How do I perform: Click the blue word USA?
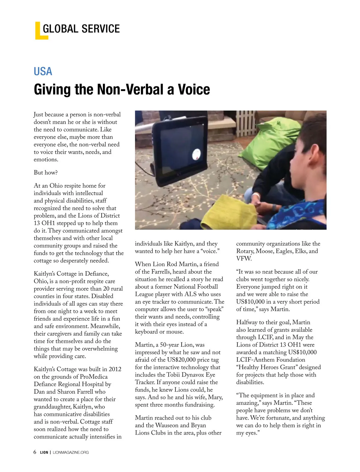click(43, 71)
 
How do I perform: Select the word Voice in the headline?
click(194, 89)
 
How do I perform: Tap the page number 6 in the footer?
click(35, 452)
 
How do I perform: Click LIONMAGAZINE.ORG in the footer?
click(70, 452)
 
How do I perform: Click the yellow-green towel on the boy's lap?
click(228, 211)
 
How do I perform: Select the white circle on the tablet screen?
click(196, 154)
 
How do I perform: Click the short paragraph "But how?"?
click(46, 173)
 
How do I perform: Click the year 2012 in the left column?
click(115, 369)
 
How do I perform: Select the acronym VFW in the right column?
click(244, 259)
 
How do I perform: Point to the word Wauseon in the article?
click(167, 425)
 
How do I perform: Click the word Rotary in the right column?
click(245, 251)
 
